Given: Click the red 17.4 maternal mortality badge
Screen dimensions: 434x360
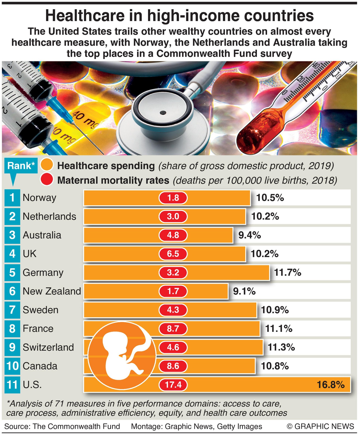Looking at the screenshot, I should tap(173, 384).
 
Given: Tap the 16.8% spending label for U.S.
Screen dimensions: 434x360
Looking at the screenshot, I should tap(331, 384).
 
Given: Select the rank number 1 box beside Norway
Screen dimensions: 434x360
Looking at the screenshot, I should tap(12, 198).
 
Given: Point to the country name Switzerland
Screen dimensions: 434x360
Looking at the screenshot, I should tap(48, 347).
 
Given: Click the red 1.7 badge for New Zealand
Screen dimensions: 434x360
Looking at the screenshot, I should tap(173, 291).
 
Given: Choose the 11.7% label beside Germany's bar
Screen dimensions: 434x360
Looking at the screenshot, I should tap(288, 272).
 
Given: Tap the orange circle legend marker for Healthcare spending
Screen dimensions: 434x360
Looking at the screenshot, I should tap(47, 165).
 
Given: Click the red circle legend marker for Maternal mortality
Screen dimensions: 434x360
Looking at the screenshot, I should tap(47, 180).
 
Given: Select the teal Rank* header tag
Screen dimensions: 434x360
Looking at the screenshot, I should tap(21, 166).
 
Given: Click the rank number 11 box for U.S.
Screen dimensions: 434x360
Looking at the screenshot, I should tap(12, 385).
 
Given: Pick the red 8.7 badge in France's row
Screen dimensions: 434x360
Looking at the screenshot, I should tap(173, 329).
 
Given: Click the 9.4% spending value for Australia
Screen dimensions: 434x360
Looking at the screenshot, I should tap(250, 235).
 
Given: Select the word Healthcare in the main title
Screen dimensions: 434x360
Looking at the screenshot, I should tap(85, 16).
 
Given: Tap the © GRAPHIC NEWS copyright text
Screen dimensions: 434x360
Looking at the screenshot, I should tap(320, 426).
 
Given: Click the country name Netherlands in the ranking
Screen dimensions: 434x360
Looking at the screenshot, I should tap(49, 217).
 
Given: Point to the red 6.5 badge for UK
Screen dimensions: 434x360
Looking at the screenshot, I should tap(173, 254).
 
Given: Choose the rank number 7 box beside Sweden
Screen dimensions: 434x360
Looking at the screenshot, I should tap(12, 310).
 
